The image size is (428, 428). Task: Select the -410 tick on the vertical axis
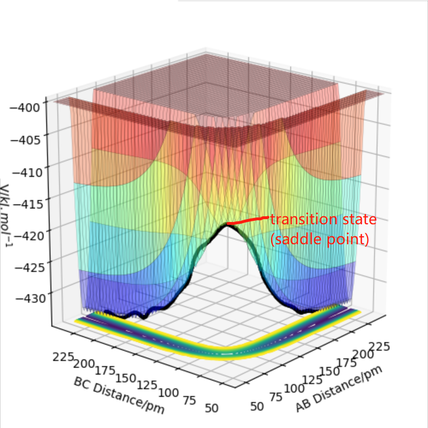(26, 168)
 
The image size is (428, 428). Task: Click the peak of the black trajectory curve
(228, 225)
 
